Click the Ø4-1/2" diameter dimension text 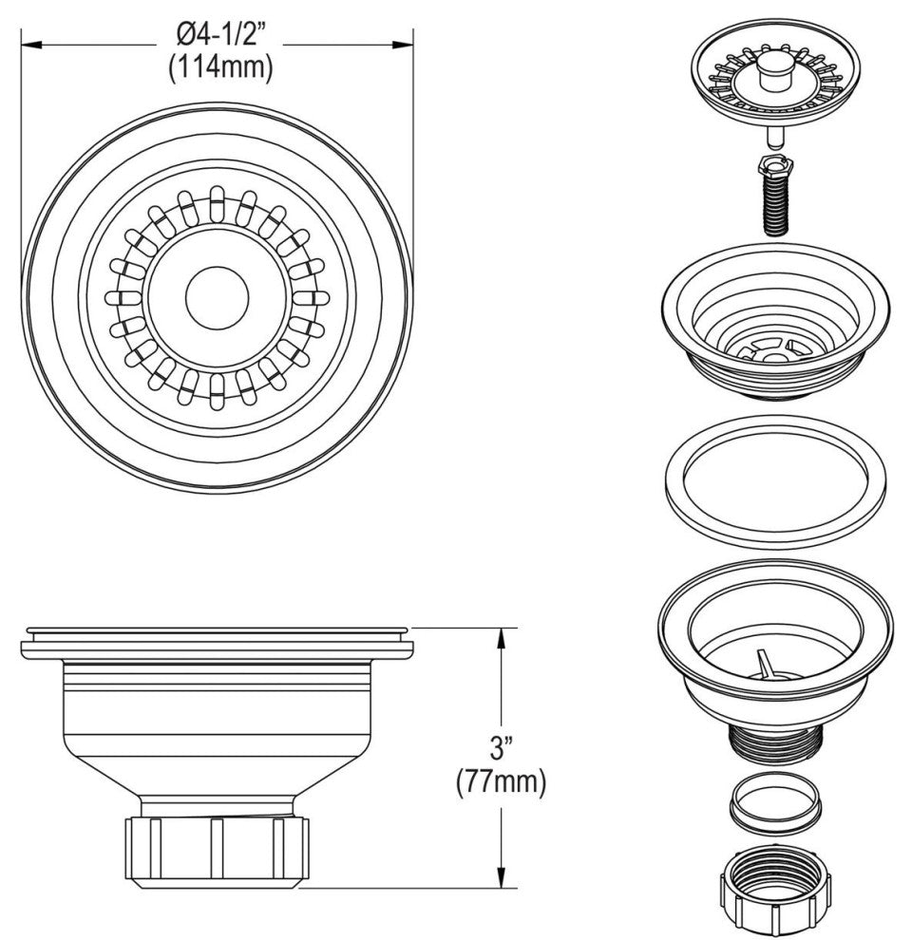click(218, 38)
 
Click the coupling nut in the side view click(217, 850)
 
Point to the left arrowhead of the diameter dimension click(28, 44)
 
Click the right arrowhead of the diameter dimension click(408, 44)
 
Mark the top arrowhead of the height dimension click(501, 635)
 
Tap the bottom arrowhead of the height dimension click(501, 881)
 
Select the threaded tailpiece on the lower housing click(774, 741)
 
